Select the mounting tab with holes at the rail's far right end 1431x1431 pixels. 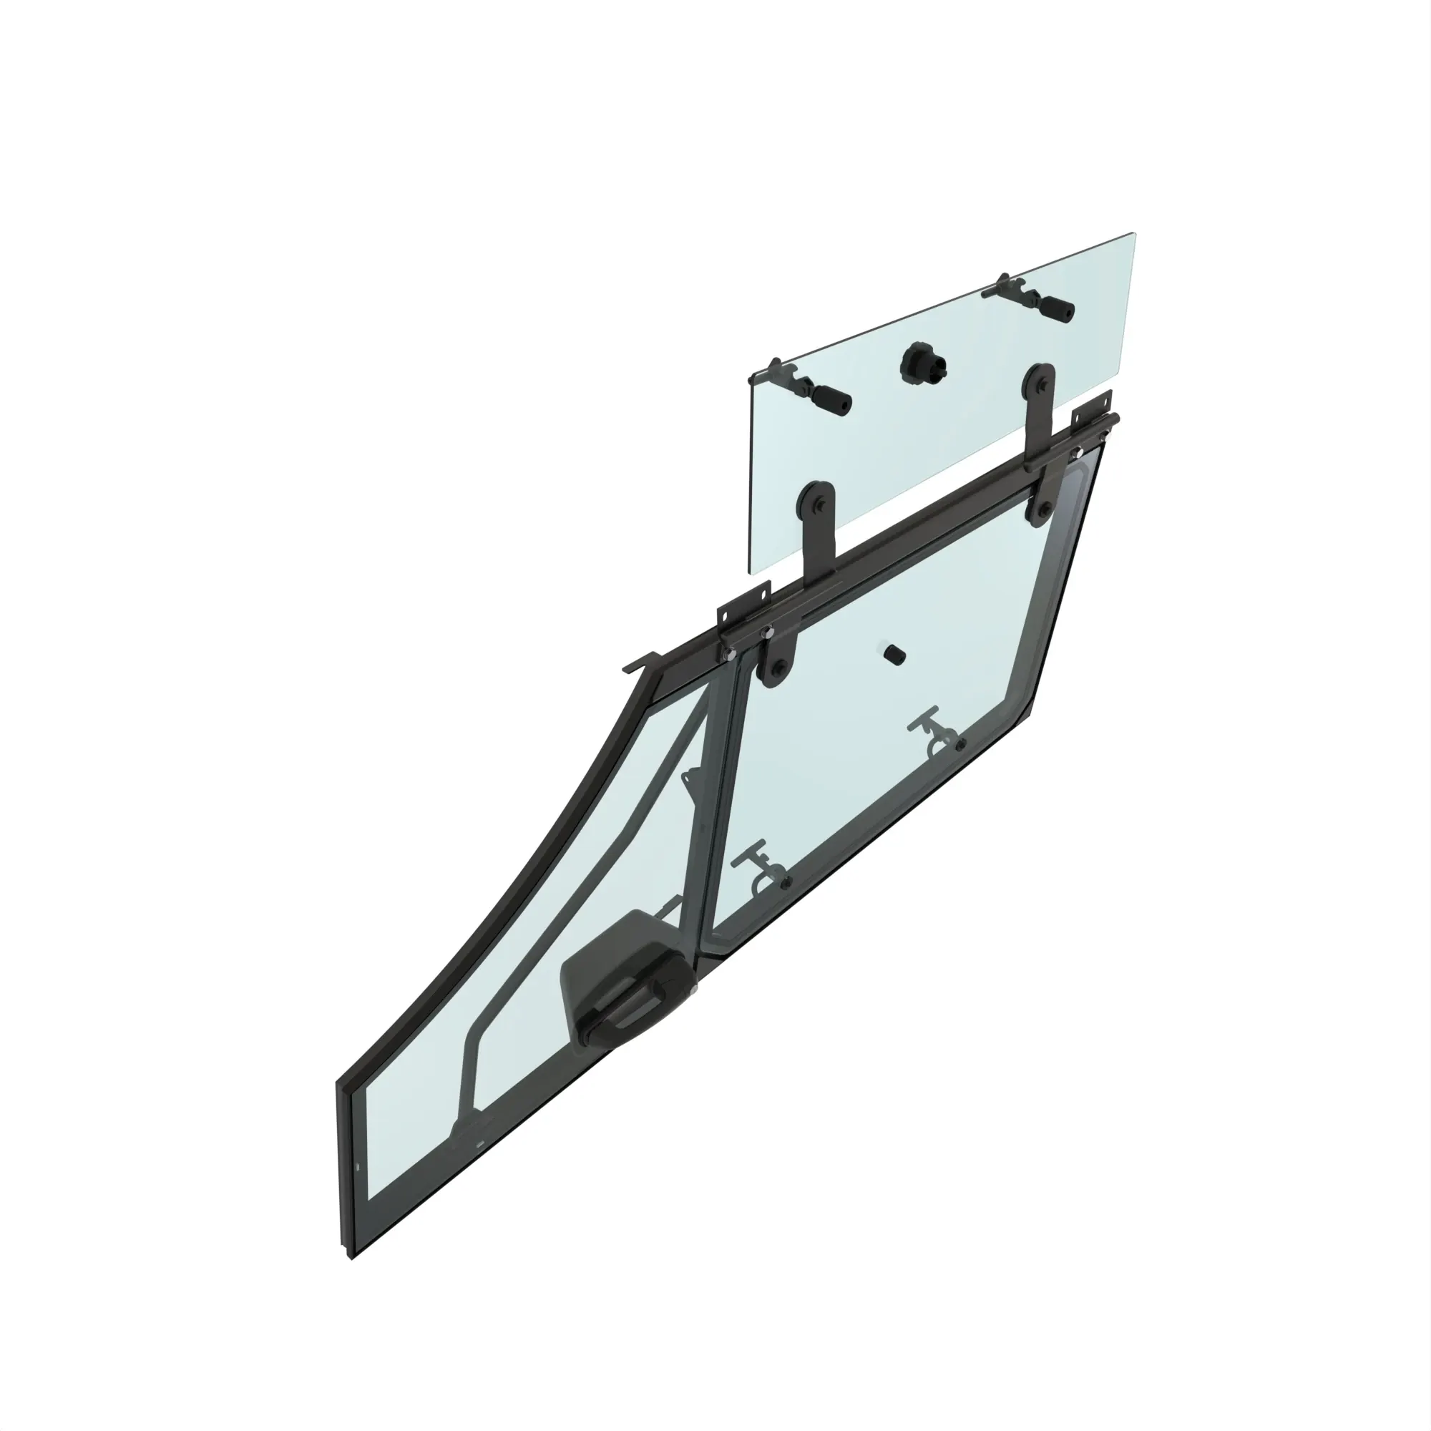click(1100, 406)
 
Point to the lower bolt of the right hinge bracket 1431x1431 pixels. click(1044, 509)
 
